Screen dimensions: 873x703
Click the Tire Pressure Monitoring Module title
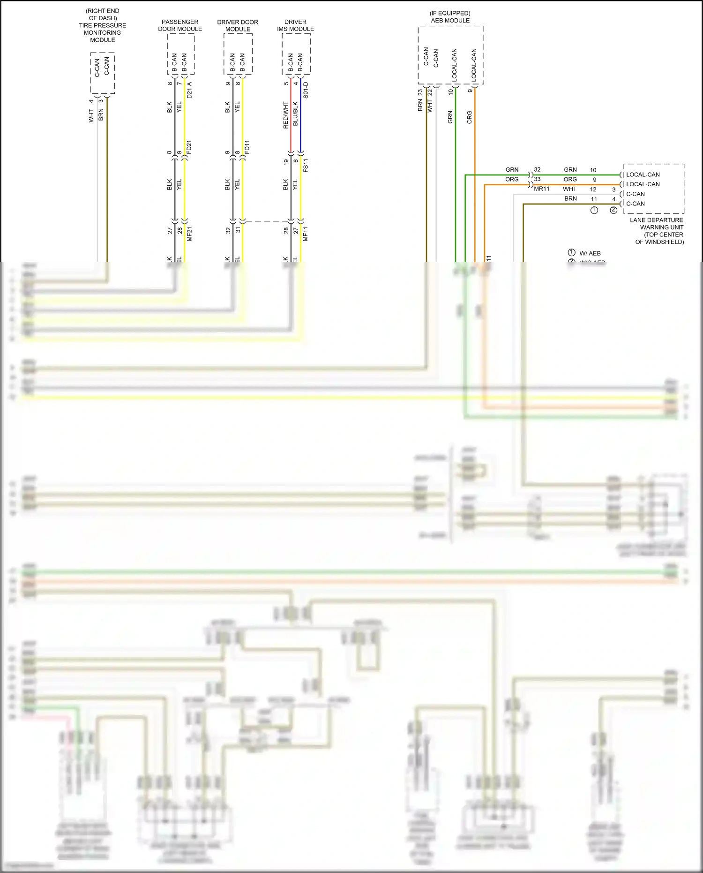(102, 25)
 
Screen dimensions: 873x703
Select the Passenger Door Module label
(180, 25)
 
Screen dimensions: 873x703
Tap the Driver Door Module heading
(238, 25)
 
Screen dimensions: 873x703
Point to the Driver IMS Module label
(295, 25)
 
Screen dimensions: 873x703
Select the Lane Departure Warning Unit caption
(657, 231)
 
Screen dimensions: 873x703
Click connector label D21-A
(189, 90)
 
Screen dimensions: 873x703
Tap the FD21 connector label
(189, 147)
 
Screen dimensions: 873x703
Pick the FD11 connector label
(247, 147)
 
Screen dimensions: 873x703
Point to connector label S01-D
(306, 90)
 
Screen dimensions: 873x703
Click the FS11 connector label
(306, 165)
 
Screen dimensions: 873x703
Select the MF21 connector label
(189, 234)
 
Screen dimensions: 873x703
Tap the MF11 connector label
(306, 234)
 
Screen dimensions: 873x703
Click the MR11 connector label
(541, 189)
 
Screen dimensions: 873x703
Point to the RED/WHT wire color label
(285, 115)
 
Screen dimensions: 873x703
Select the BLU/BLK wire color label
(295, 114)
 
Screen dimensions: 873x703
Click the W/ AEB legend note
(590, 253)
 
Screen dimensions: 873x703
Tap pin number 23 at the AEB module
(420, 92)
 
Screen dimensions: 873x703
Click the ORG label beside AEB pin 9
(470, 117)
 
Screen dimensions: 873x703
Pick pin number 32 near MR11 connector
(537, 169)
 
